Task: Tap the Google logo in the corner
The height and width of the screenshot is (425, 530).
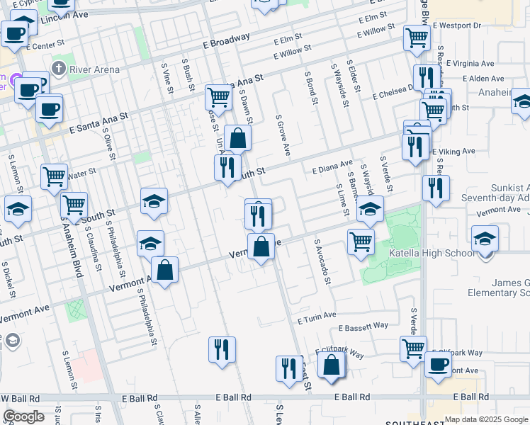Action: coord(24,416)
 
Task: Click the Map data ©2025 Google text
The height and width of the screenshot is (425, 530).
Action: coord(486,419)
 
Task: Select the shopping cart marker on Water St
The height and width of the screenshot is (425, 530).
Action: coord(54,178)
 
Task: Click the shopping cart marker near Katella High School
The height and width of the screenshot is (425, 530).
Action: coord(361,241)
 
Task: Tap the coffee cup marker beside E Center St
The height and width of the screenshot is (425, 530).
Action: coord(14,33)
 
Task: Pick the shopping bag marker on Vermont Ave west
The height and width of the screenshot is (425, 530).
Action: coord(164,271)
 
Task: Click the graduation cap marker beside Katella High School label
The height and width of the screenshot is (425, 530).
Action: coord(485,239)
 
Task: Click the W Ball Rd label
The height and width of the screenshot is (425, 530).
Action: coord(21,398)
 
